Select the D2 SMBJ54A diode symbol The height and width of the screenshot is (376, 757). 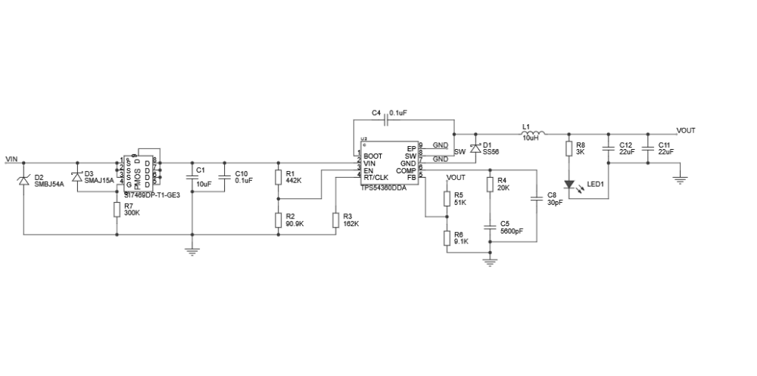click(23, 179)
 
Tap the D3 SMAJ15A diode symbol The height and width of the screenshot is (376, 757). click(76, 176)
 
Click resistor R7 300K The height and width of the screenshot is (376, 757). click(117, 209)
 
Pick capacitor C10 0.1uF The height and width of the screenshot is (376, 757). click(224, 177)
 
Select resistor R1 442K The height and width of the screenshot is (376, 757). click(279, 177)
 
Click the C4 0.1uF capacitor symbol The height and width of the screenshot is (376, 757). click(388, 119)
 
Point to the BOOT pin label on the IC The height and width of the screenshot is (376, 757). click(372, 156)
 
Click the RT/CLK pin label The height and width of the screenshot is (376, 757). click(375, 177)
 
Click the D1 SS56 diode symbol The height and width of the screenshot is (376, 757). click(475, 148)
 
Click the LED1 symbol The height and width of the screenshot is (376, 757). click(569, 184)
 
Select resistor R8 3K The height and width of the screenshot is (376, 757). click(569, 148)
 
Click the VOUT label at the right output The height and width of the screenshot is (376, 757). click(685, 130)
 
